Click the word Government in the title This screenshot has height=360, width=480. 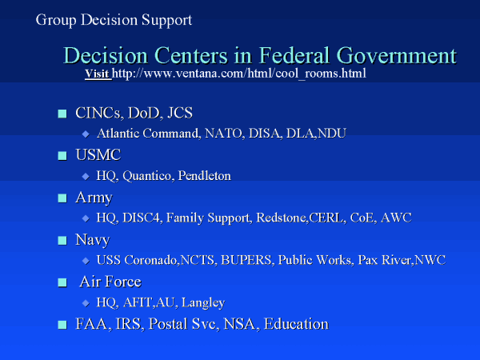[397, 55]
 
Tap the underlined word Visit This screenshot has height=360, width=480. [97, 74]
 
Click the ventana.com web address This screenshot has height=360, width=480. [239, 74]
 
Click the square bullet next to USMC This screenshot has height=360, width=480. [62, 156]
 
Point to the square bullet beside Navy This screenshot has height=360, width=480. [62, 240]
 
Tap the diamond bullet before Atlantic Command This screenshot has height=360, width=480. [86, 134]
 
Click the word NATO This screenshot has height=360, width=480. [224, 133]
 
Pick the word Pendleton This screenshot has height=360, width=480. [205, 175]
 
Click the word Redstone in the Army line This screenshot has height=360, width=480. [281, 218]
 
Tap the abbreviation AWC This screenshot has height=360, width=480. [396, 218]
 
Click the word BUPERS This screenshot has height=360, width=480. [246, 260]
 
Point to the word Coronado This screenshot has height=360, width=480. [150, 260]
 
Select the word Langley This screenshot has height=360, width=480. [203, 302]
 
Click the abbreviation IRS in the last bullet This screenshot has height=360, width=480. [128, 324]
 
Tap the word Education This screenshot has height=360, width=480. [296, 323]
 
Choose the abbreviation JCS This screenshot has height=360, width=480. [180, 113]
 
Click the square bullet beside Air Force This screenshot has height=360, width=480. [62, 282]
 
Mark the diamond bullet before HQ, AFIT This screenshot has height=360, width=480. [86, 303]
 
